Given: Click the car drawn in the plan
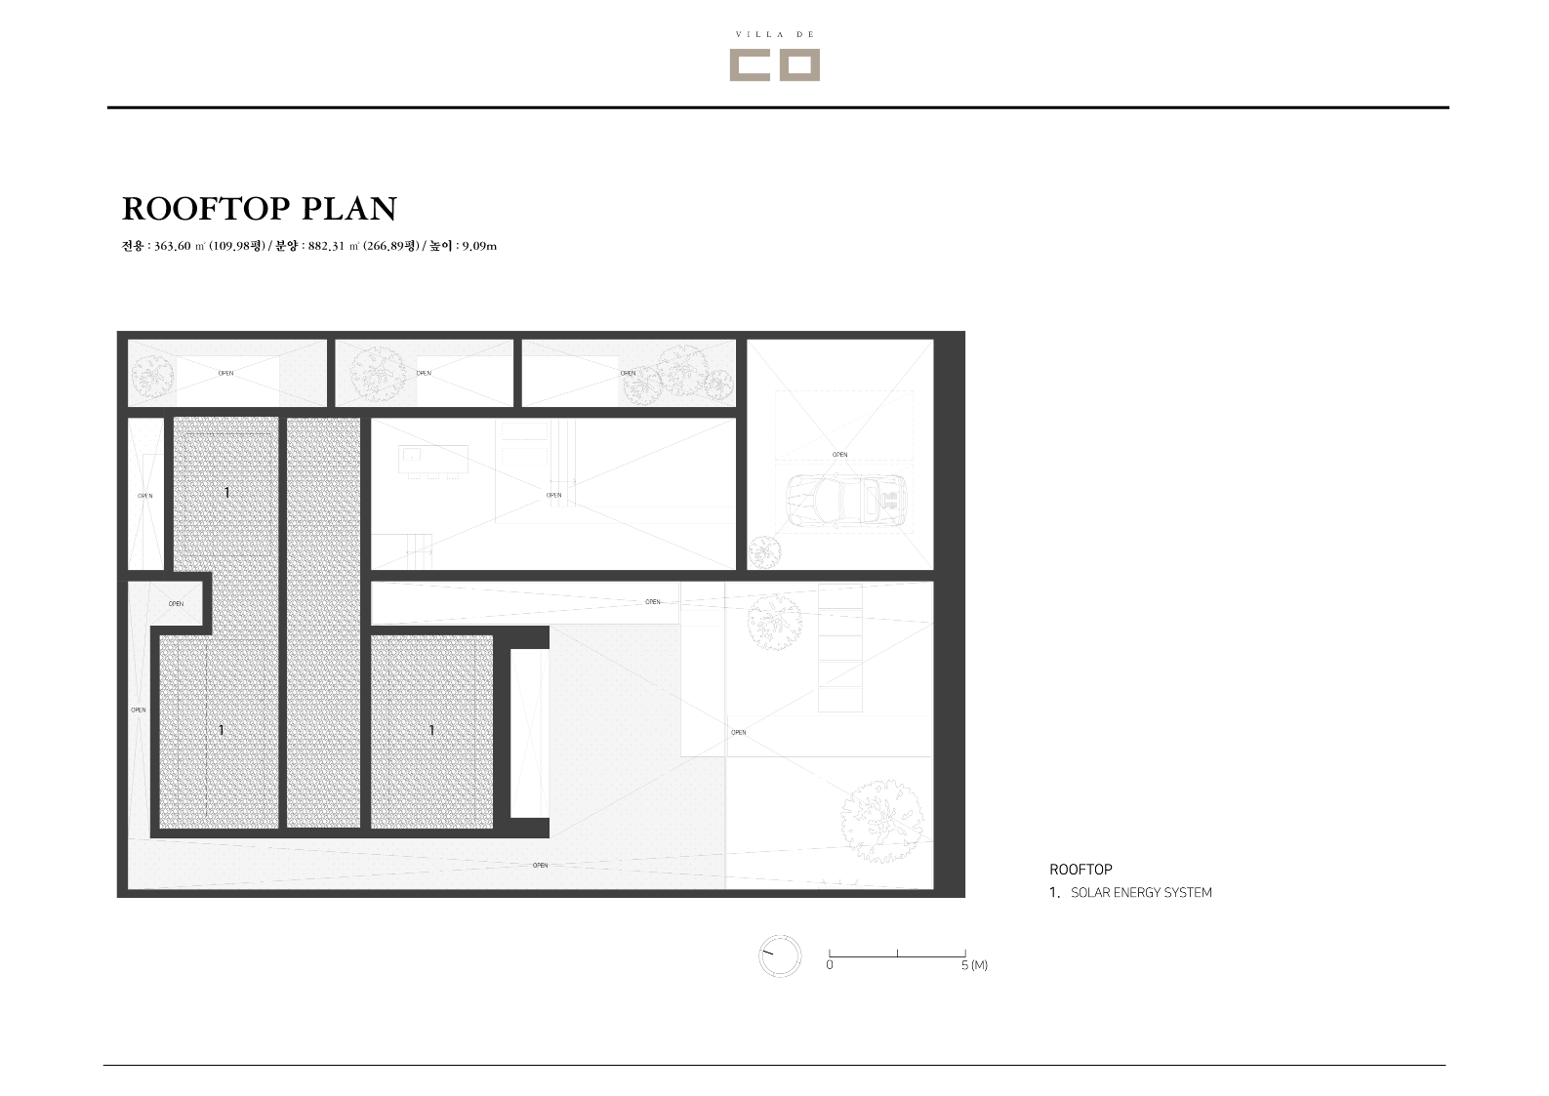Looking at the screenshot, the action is pyautogui.click(x=846, y=502).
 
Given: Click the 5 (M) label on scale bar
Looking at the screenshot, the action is pyautogui.click(x=974, y=964).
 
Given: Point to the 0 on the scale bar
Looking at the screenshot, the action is pyautogui.click(x=829, y=964).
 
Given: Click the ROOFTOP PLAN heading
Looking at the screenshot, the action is pyautogui.click(x=260, y=209).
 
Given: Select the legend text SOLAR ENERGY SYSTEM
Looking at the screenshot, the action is pyautogui.click(x=1141, y=893).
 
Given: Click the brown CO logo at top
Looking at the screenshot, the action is pyautogui.click(x=775, y=64).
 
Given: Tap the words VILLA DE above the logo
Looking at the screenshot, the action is pyautogui.click(x=775, y=34).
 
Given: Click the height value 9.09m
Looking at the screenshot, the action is pyautogui.click(x=479, y=246).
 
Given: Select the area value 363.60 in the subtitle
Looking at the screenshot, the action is pyautogui.click(x=172, y=246).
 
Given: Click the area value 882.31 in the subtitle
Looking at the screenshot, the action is pyautogui.click(x=326, y=246).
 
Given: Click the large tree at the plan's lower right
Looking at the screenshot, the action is pyautogui.click(x=882, y=821).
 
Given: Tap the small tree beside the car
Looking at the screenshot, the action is pyautogui.click(x=764, y=552).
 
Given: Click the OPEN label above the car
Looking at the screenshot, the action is pyautogui.click(x=839, y=454).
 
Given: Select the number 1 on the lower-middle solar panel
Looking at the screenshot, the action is pyautogui.click(x=431, y=730).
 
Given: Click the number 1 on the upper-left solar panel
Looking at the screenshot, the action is pyautogui.click(x=226, y=492).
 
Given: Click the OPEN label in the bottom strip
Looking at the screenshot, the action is pyautogui.click(x=540, y=865).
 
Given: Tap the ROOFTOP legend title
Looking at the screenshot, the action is pyautogui.click(x=1080, y=870).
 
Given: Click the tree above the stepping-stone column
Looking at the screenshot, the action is pyautogui.click(x=775, y=622).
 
